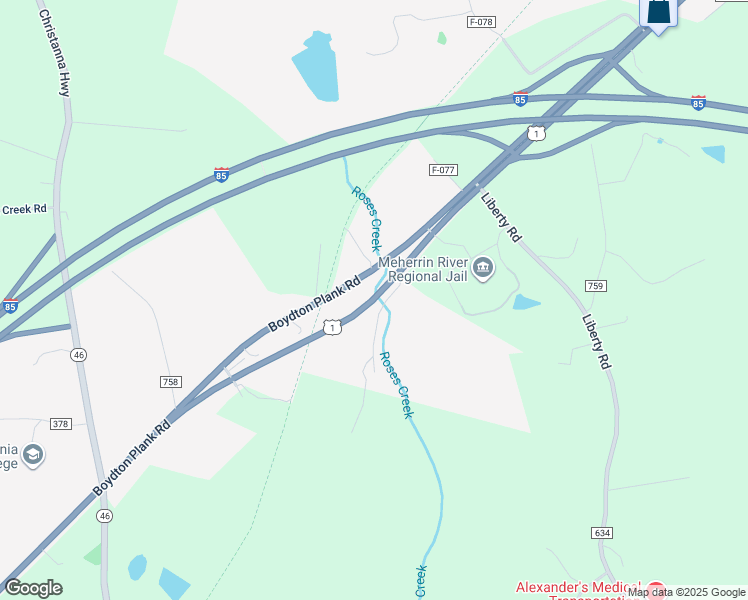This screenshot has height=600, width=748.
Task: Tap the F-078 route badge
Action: click(x=482, y=21)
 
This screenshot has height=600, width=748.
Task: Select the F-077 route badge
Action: click(x=443, y=170)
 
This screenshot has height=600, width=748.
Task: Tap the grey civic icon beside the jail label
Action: click(x=484, y=268)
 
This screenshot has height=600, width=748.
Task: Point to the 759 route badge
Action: click(x=596, y=286)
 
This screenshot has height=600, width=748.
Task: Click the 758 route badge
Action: click(x=170, y=382)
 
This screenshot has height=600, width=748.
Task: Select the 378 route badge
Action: click(x=60, y=424)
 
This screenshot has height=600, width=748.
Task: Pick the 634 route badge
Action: click(x=601, y=533)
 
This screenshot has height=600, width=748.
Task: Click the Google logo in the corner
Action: click(x=33, y=588)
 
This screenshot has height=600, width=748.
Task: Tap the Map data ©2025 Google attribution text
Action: click(x=687, y=593)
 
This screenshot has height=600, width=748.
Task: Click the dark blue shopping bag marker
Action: click(x=658, y=13)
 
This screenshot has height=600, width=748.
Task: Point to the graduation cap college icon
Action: click(x=33, y=455)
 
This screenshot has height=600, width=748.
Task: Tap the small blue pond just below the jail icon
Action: click(x=525, y=301)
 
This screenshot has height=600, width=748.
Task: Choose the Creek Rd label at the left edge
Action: click(x=25, y=210)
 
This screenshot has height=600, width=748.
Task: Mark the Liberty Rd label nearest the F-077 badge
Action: click(x=501, y=216)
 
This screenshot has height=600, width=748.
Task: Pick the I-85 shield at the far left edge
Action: click(x=10, y=305)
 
